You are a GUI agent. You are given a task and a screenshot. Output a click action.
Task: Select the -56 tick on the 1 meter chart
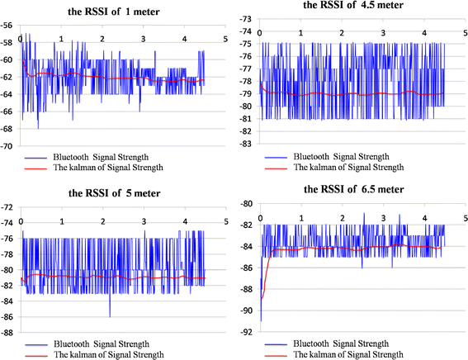tap(9, 26)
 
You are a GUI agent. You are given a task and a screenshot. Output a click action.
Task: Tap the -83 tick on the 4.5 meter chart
tap(247, 145)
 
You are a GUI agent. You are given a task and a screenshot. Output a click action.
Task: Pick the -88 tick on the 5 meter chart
tap(9, 333)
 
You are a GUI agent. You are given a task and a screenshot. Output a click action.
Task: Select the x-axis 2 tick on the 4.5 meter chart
tap(343, 33)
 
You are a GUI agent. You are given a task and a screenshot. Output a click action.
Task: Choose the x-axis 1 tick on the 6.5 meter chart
tap(301, 217)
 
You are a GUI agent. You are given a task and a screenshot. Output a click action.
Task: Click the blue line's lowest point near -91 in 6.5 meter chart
tap(261, 320)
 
